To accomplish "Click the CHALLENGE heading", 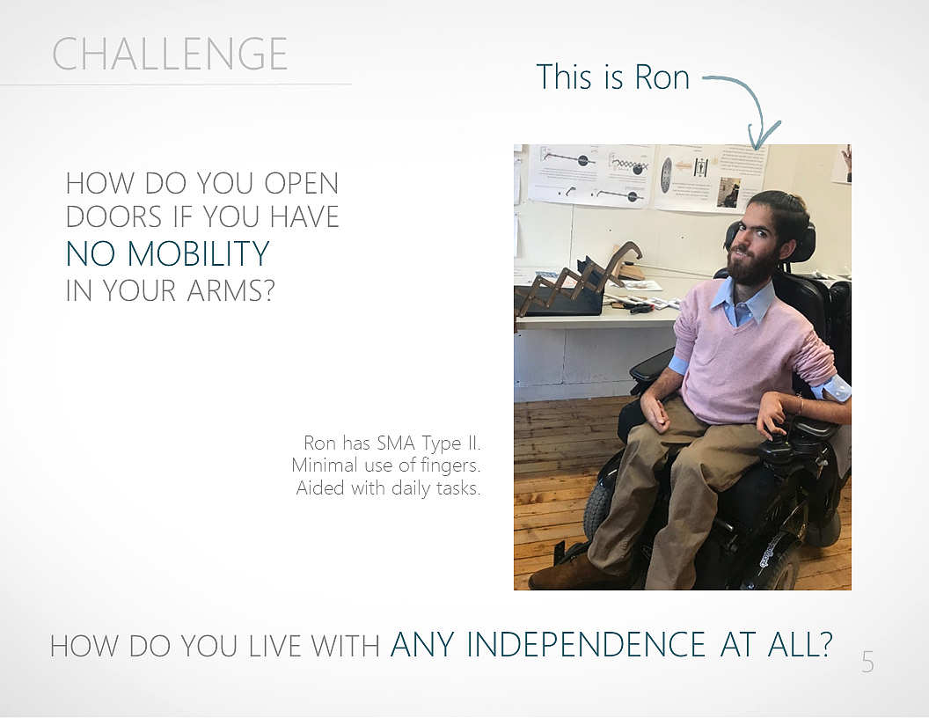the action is click(x=170, y=54).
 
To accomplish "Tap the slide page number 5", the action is click(x=867, y=663).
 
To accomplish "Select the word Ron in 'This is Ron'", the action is click(x=662, y=77).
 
